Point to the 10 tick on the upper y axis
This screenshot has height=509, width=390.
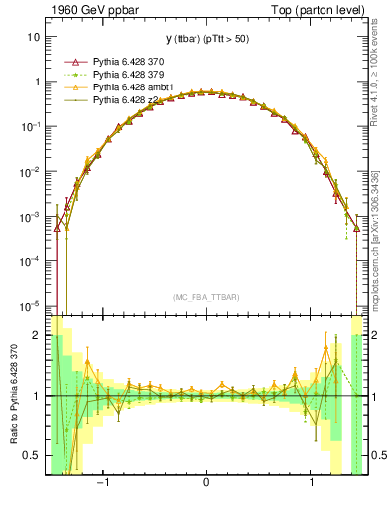(x=34, y=37)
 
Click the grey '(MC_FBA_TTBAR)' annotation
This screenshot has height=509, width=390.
(x=205, y=297)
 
